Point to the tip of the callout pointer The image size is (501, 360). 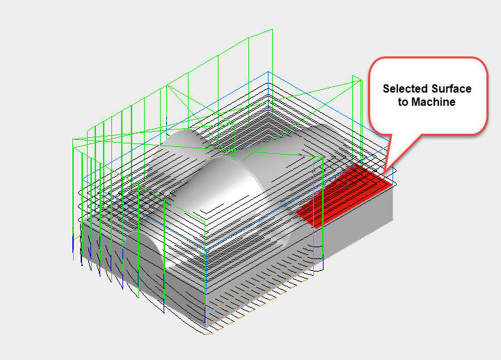tap(383, 172)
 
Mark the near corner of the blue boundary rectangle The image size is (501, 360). tap(207, 249)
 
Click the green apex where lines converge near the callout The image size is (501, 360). tap(360, 81)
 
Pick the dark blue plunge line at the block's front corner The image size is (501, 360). tap(206, 317)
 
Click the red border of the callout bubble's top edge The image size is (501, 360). tap(426, 58)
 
